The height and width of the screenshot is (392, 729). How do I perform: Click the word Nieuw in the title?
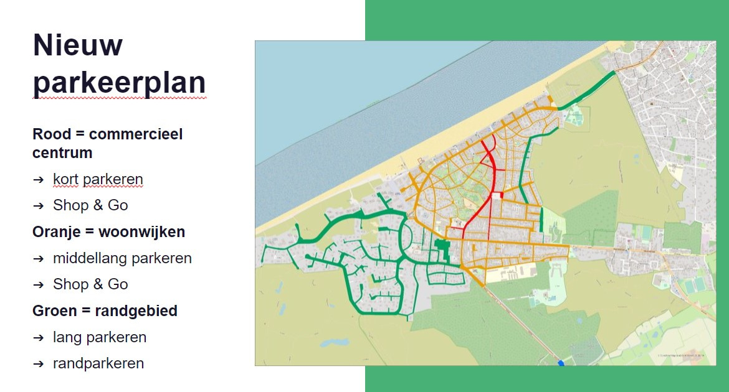(x=77, y=45)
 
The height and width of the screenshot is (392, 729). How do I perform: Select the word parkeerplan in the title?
(x=119, y=83)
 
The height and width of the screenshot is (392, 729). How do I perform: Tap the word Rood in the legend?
(x=52, y=134)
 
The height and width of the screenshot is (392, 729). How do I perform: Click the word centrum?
(x=62, y=152)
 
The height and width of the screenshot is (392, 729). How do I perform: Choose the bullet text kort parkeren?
(x=98, y=179)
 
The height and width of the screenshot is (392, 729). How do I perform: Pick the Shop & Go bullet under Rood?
(x=90, y=205)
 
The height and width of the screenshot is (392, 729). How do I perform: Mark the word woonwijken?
(x=141, y=232)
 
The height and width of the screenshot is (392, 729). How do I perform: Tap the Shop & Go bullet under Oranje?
(x=90, y=284)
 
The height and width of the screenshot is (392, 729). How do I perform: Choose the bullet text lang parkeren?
(x=100, y=337)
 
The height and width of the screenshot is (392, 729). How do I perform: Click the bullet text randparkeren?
(x=98, y=363)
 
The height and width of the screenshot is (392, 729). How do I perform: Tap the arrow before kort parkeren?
(x=39, y=179)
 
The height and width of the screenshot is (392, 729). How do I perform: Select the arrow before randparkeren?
(x=39, y=363)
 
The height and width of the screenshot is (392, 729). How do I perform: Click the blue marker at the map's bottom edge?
(x=561, y=363)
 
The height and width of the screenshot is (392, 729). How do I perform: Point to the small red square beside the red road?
(x=497, y=195)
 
